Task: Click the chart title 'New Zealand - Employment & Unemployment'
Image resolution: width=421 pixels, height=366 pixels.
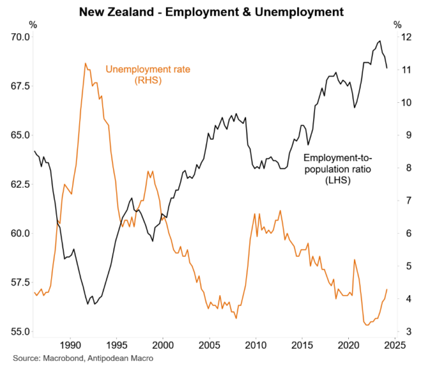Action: click(211, 11)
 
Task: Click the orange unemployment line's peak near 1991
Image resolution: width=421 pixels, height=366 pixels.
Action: click(85, 63)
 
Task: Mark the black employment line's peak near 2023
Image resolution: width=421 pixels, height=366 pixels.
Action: click(380, 41)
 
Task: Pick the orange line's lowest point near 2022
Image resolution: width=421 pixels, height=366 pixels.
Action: click(367, 325)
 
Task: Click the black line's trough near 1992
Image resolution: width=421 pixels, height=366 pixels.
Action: click(87, 304)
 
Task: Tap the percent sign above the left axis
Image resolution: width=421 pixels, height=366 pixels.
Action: click(33, 25)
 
